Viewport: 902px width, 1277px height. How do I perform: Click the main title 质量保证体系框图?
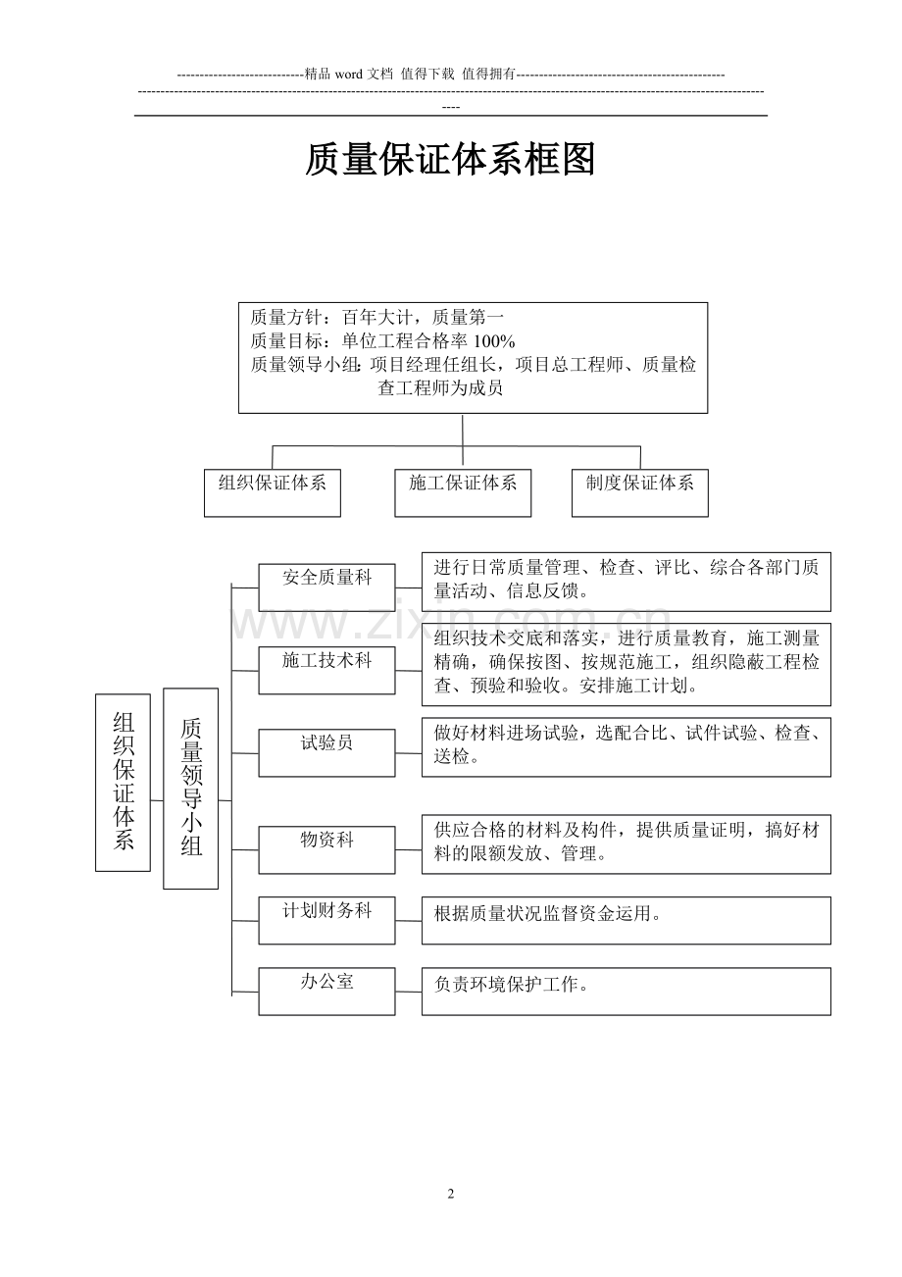click(x=450, y=160)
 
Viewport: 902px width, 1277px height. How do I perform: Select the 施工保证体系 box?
click(x=463, y=491)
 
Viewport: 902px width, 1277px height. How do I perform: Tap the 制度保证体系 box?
click(x=639, y=491)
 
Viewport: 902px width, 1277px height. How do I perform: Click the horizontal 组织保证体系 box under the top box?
click(x=273, y=491)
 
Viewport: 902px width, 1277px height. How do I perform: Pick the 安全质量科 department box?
click(x=326, y=587)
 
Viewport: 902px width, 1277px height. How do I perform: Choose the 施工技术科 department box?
click(x=326, y=670)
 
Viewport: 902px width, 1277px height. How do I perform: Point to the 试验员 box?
click(x=326, y=752)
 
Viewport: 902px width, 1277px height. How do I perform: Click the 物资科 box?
click(x=326, y=849)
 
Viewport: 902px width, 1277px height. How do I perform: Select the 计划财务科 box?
click(x=326, y=920)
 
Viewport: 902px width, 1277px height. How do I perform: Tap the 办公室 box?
click(x=326, y=991)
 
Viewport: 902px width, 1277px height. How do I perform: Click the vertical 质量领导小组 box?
click(x=190, y=788)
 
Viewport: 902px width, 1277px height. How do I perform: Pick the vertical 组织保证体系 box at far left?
click(x=123, y=782)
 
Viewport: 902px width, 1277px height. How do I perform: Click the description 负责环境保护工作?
click(x=512, y=985)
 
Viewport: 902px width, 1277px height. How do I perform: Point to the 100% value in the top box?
click(x=494, y=341)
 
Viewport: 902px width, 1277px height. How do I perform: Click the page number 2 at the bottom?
click(x=451, y=1194)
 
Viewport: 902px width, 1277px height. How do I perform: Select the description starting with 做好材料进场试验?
click(x=626, y=745)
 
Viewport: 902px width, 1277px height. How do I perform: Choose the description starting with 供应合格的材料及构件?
click(x=626, y=843)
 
